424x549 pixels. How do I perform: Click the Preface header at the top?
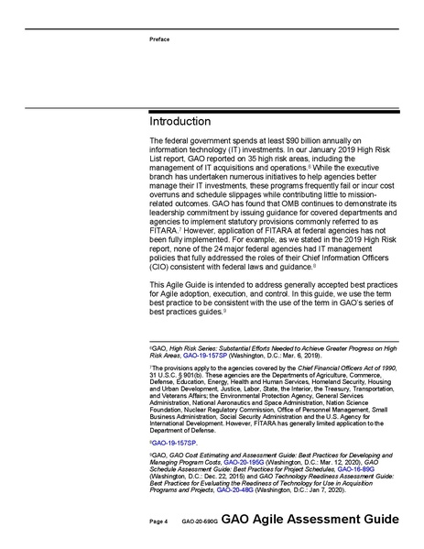(x=159, y=39)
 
